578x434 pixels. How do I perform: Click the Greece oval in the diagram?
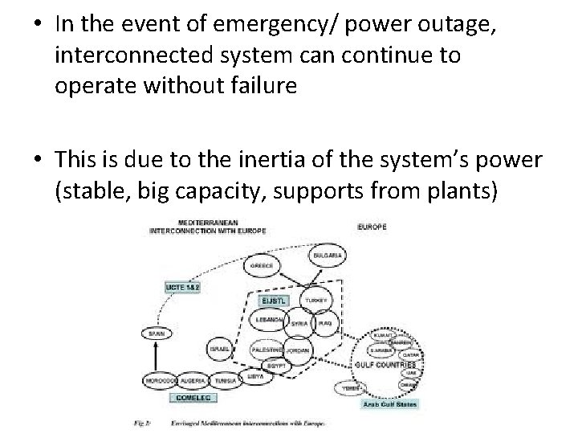point(262,264)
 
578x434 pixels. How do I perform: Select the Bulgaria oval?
point(328,255)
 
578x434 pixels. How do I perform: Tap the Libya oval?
point(255,375)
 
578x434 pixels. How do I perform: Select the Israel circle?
point(220,348)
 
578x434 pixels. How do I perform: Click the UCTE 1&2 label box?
point(181,287)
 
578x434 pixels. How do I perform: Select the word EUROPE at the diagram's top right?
point(371,227)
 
